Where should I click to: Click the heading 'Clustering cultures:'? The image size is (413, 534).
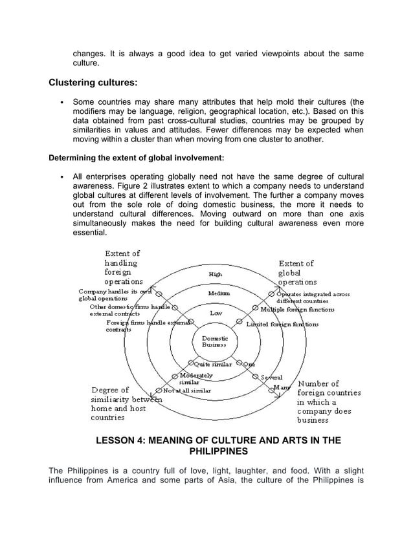click(x=93, y=83)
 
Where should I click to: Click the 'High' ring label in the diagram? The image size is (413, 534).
click(x=215, y=274)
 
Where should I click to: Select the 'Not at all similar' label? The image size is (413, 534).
click(x=190, y=390)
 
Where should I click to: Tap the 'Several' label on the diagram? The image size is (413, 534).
click(x=272, y=377)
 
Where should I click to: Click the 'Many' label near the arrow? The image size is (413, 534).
click(x=282, y=387)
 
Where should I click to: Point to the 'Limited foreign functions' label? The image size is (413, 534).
click(x=282, y=324)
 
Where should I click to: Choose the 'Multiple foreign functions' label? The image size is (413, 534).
click(x=298, y=309)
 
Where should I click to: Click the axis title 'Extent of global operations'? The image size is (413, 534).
click(x=297, y=273)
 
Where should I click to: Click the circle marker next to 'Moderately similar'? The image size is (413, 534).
click(x=175, y=376)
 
